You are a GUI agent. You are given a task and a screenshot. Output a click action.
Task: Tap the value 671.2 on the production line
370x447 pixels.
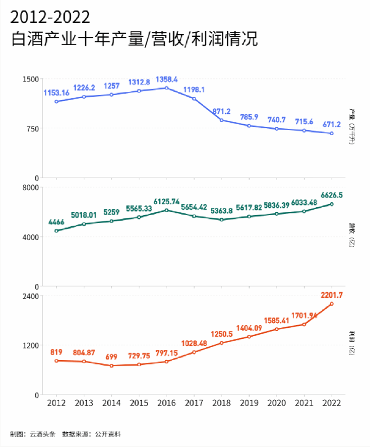coord(332,124)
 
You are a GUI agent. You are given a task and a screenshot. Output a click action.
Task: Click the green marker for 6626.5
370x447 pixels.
coord(332,204)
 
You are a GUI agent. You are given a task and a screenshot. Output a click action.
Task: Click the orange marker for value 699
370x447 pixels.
coord(112,366)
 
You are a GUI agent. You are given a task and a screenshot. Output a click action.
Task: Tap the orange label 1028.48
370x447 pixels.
coord(194,343)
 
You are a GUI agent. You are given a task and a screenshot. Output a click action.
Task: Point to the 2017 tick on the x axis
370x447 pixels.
coord(194,403)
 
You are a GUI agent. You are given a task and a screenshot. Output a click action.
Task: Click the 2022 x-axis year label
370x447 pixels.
coord(332,403)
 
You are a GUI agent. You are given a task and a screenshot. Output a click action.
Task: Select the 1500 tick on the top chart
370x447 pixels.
coord(31,79)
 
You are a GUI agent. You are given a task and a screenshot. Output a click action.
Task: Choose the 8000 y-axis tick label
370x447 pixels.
coord(31,187)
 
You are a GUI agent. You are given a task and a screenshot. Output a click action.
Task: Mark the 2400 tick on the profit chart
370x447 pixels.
coord(31,296)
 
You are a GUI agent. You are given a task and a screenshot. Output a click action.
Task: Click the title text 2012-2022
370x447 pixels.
coord(51,15)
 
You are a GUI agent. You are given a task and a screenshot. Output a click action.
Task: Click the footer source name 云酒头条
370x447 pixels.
coord(42,434)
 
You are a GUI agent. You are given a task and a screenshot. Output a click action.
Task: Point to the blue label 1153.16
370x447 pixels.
coord(56,92)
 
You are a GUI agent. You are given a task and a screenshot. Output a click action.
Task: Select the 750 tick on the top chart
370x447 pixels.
coord(33,128)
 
